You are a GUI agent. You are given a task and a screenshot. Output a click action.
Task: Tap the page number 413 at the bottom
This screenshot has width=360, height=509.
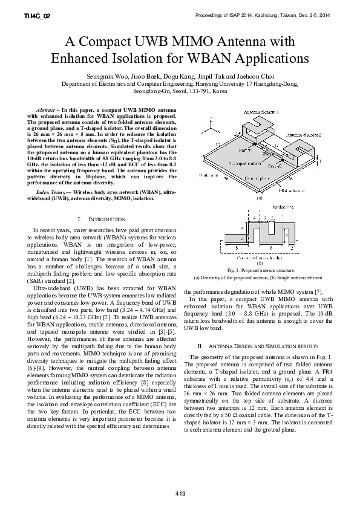click(x=180, y=494)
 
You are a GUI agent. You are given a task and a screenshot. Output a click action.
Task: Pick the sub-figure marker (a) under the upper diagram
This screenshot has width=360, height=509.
click(x=260, y=198)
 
